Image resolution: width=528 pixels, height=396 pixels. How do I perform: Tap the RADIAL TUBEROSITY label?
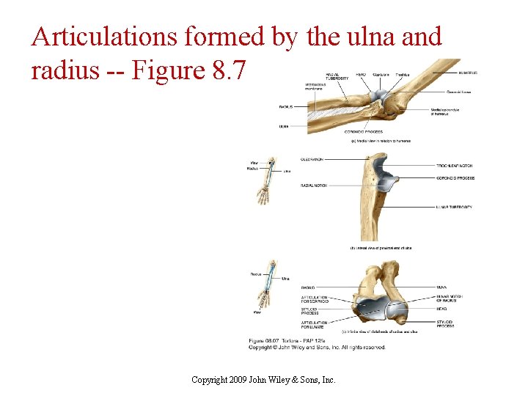[337, 76]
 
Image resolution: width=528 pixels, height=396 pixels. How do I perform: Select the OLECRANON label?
[313, 159]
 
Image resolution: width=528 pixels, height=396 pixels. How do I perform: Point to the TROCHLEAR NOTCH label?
[455, 166]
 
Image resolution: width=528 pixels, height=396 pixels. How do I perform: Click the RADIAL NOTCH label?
[315, 186]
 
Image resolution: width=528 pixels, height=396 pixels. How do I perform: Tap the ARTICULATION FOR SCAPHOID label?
[314, 299]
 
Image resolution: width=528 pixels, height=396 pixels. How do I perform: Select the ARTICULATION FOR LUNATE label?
[314, 324]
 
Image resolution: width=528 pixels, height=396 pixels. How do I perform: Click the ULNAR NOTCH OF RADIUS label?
[450, 299]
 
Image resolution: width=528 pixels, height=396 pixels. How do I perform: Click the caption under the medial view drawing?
[381, 141]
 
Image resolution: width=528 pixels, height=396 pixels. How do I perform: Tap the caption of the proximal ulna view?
[381, 248]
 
